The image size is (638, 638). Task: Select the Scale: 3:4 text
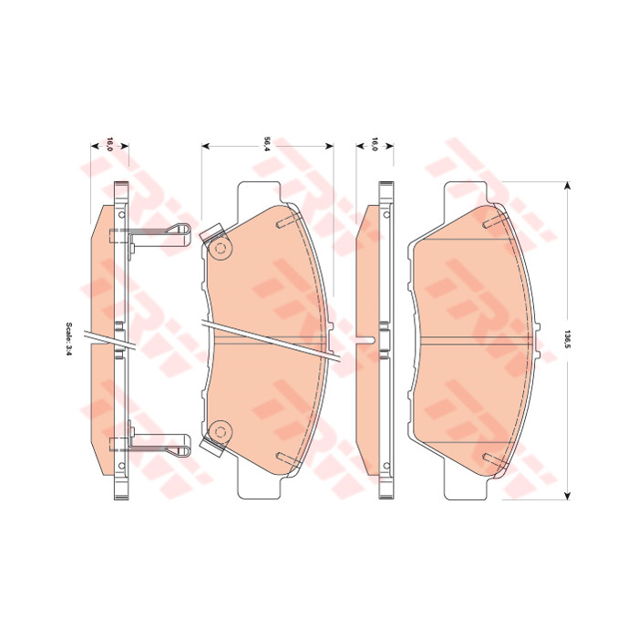click(x=68, y=340)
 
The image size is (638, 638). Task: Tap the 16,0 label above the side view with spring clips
click(x=109, y=145)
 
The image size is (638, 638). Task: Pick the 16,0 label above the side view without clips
click(x=375, y=145)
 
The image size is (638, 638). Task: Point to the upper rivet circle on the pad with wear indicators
click(x=221, y=248)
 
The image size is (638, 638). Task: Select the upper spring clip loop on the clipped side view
click(x=179, y=235)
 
